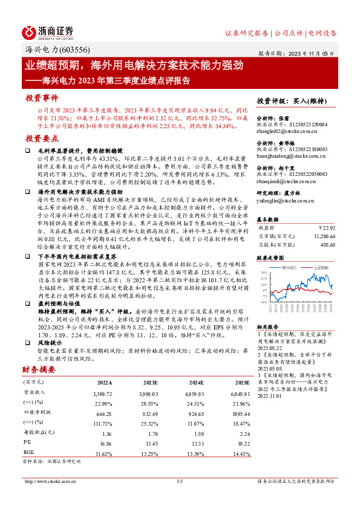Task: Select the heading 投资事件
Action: pyautogui.click(x=42, y=97)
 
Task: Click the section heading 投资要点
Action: pyautogui.click(x=42, y=138)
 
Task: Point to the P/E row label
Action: pyautogui.click(x=28, y=443)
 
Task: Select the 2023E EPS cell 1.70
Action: pyautogui.click(x=154, y=433)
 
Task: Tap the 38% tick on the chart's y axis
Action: pyautogui.click(x=264, y=273)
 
